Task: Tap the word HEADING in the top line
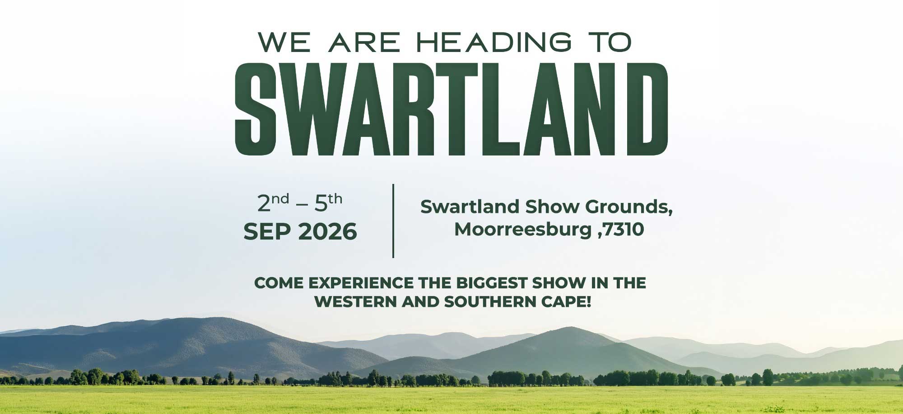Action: coord(489,42)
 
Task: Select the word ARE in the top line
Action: coord(364,42)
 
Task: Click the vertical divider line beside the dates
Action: coord(393,221)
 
